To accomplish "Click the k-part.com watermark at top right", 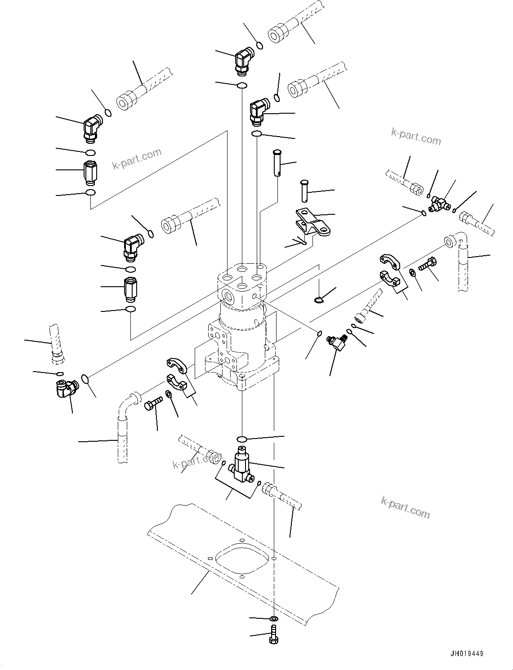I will coord(416,136).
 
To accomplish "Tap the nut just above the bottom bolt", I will coord(273,619).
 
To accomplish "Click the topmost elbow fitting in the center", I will coord(244,61).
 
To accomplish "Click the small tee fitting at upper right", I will coord(439,204).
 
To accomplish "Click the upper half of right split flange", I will coord(389,262).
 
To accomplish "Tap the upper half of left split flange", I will coord(176,364).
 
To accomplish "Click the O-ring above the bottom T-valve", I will coord(242,439).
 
